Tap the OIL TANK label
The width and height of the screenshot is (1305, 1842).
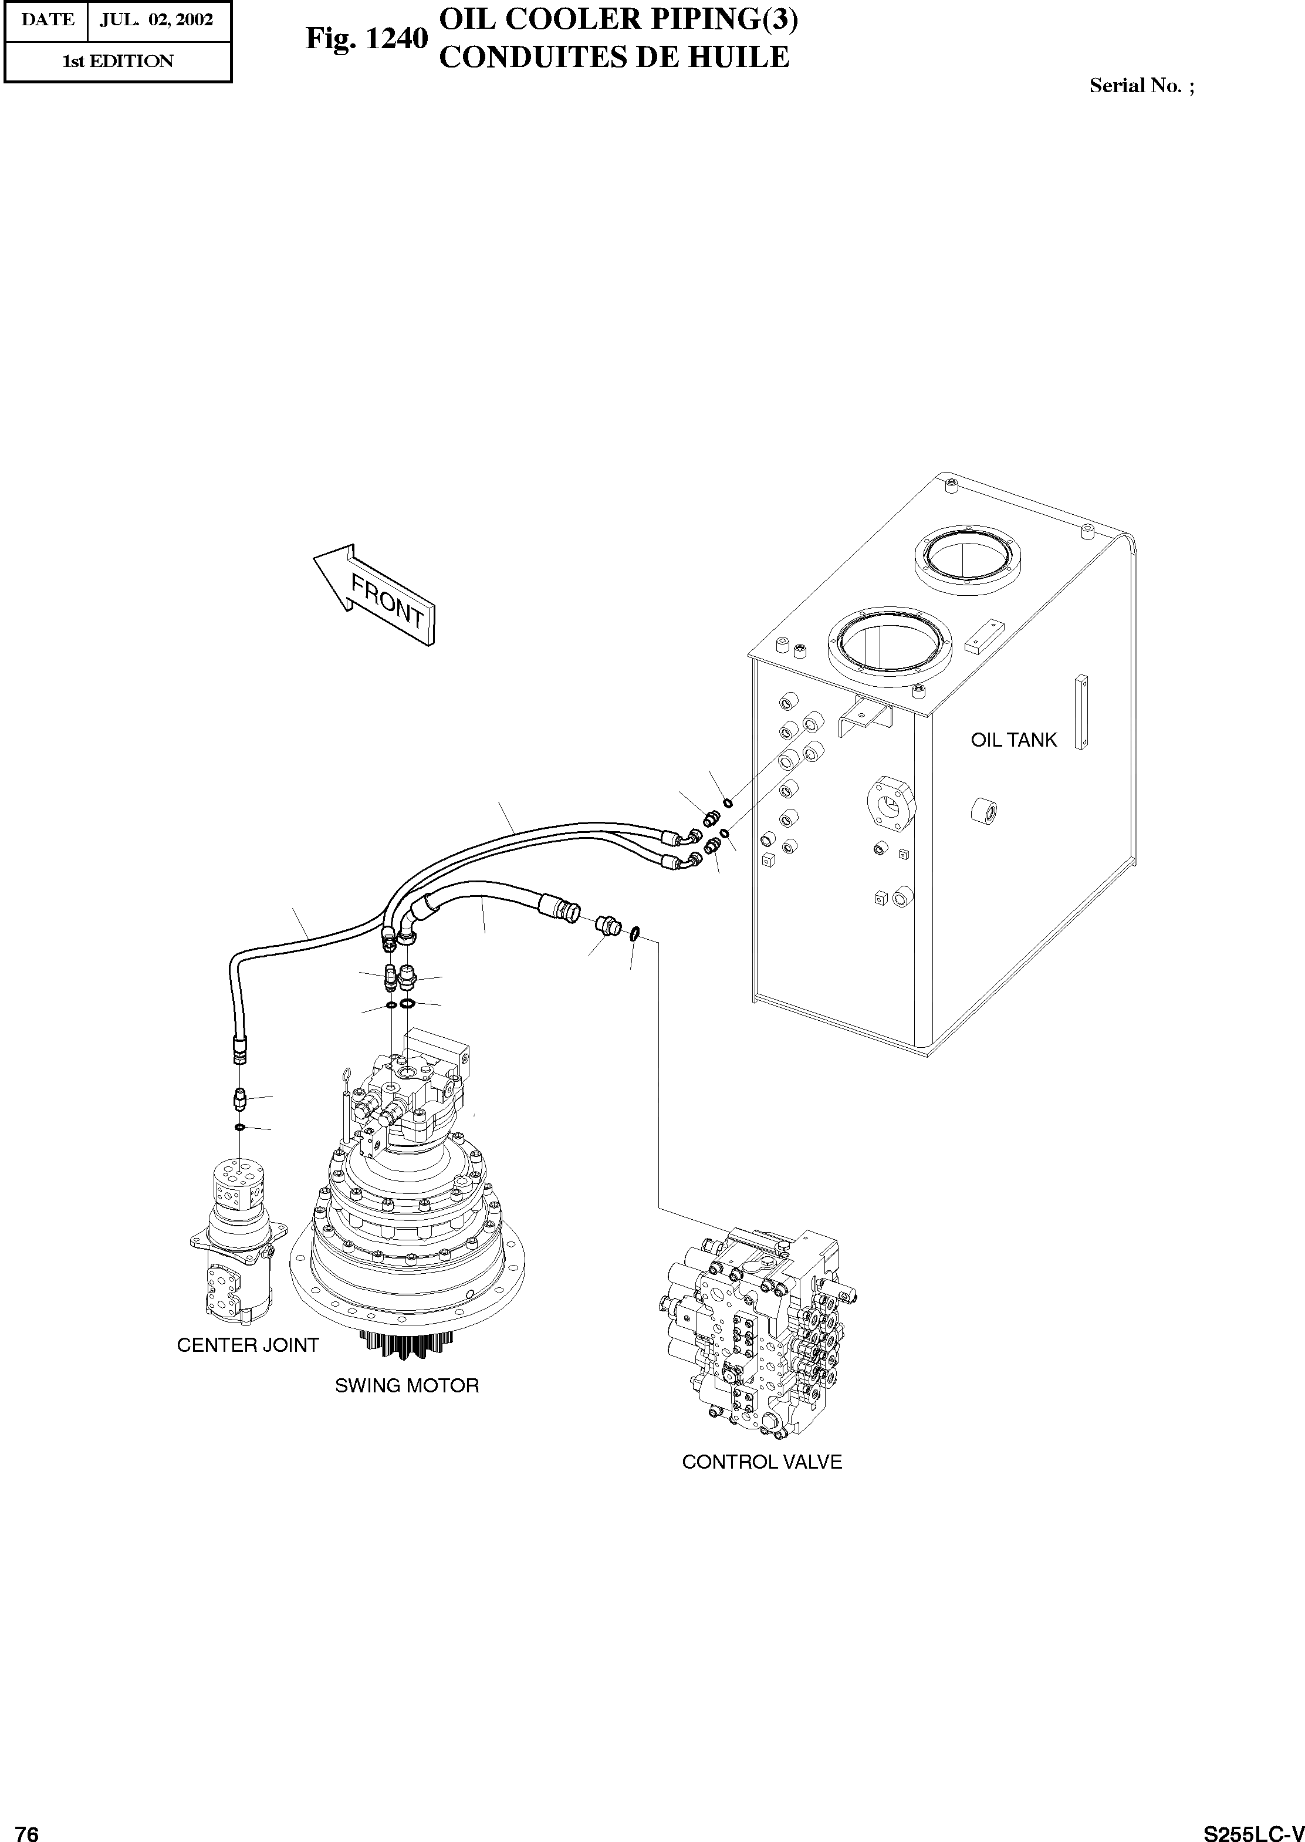pyautogui.click(x=1013, y=740)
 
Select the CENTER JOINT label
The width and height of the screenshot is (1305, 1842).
pyautogui.click(x=248, y=1345)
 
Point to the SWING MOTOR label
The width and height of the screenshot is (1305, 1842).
pyautogui.click(x=407, y=1385)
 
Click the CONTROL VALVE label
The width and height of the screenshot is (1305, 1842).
pyautogui.click(x=762, y=1462)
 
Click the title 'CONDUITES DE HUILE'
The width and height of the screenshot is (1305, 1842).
pyautogui.click(x=615, y=57)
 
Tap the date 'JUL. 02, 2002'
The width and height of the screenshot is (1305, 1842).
pyautogui.click(x=157, y=20)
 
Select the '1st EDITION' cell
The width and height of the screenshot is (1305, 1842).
pyautogui.click(x=118, y=61)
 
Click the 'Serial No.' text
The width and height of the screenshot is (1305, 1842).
pyautogui.click(x=1141, y=86)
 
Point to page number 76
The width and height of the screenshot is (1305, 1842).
pyautogui.click(x=28, y=1827)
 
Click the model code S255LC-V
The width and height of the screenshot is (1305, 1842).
pyautogui.click(x=1253, y=1827)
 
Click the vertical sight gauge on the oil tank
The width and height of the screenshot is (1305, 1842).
pyautogui.click(x=1081, y=712)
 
